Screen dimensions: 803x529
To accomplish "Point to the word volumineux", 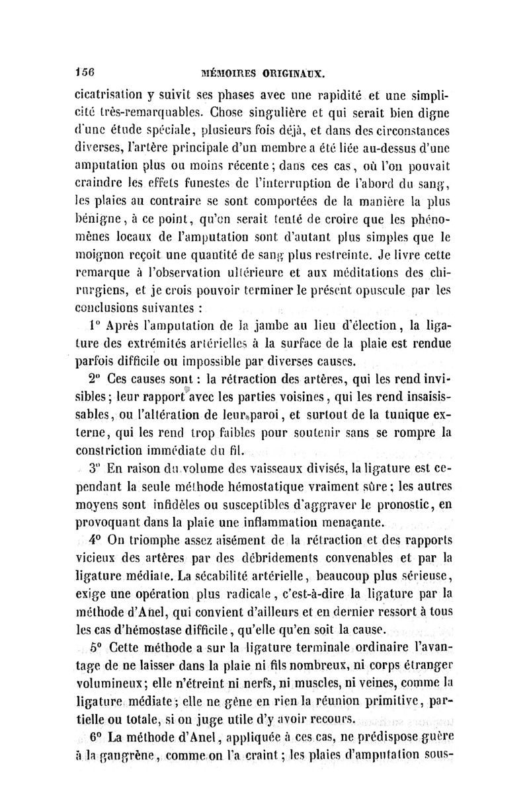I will tap(109, 681).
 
